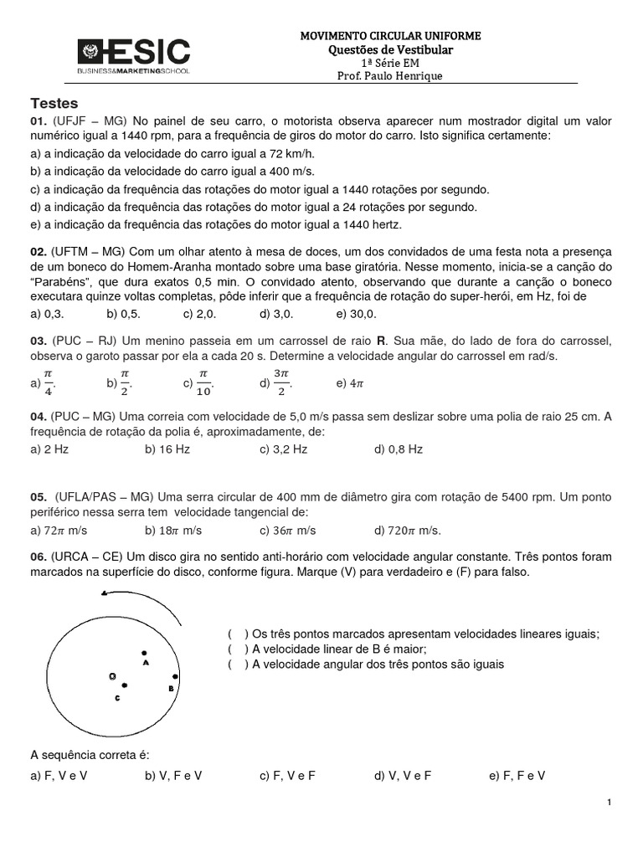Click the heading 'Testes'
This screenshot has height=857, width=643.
(x=54, y=104)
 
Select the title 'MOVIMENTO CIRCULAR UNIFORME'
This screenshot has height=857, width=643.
(x=390, y=37)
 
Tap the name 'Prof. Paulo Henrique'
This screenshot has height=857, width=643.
(x=390, y=76)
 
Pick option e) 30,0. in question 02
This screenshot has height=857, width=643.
(x=356, y=314)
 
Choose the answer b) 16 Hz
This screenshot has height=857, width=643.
(x=167, y=449)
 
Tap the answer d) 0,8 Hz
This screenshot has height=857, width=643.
(x=399, y=449)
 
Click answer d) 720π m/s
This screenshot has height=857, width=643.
(x=408, y=530)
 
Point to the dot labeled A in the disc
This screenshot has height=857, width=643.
(x=144, y=653)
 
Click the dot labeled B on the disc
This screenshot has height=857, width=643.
(x=175, y=676)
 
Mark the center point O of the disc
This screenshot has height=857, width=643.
(x=112, y=675)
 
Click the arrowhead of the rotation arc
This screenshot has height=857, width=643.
(x=103, y=594)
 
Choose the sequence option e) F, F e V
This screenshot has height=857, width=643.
(x=517, y=776)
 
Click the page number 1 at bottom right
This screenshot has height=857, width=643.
(x=610, y=803)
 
